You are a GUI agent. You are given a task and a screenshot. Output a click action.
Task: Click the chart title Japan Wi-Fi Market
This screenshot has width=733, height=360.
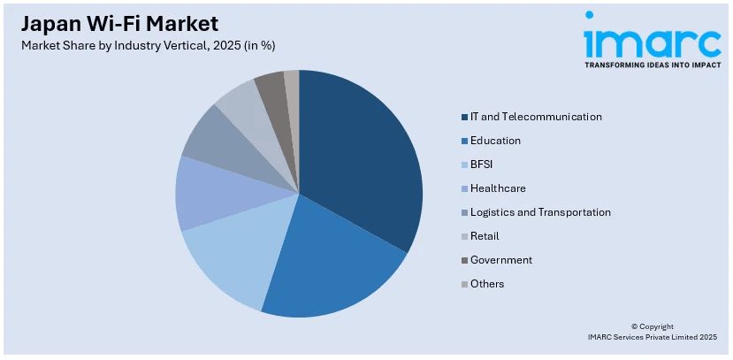pos(120,23)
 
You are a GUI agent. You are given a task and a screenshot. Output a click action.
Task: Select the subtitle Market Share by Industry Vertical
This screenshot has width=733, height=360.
pos(155,45)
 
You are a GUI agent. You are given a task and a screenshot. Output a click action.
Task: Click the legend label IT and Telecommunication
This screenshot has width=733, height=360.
pos(536,117)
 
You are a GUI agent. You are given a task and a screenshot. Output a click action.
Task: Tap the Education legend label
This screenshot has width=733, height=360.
pos(495,141)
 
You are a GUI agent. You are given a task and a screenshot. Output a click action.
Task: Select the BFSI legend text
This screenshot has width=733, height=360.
pos(483,165)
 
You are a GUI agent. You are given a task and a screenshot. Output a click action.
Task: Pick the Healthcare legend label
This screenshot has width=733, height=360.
pos(498,188)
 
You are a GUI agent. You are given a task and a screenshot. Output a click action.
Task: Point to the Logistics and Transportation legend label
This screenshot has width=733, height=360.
pos(540,212)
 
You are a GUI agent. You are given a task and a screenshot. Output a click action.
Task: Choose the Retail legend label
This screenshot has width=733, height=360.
pos(485,236)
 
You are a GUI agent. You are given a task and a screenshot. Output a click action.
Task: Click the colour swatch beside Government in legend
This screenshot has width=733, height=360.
pos(463,260)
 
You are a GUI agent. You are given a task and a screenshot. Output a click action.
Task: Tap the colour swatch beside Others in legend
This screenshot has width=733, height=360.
pos(463,284)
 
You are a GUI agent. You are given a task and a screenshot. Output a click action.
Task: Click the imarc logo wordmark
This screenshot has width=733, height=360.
pos(653,41)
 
